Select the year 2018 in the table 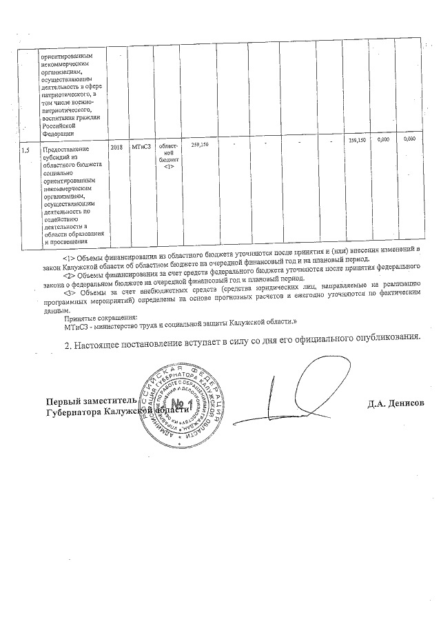pos(116,148)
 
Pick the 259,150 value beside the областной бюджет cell pos(200,145)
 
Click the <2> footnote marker pos(69,276)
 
